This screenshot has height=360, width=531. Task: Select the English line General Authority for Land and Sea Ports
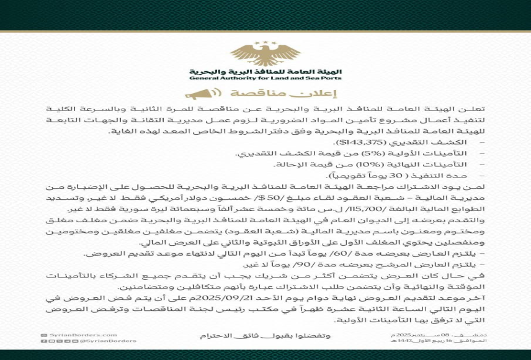click(265, 78)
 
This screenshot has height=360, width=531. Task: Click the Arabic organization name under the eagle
click(265, 71)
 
